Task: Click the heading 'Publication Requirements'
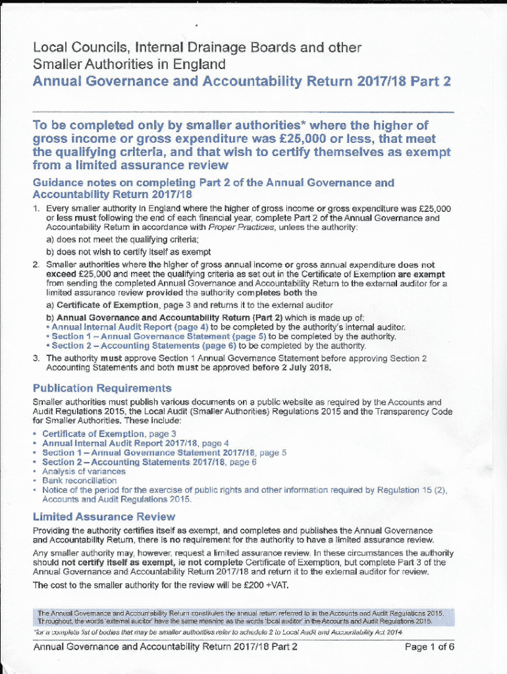102,388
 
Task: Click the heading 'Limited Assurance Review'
103,517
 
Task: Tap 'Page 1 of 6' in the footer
430,646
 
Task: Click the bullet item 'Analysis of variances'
84,471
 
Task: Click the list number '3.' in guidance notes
37,359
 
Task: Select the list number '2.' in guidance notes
37,265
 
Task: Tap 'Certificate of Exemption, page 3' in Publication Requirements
109,434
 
